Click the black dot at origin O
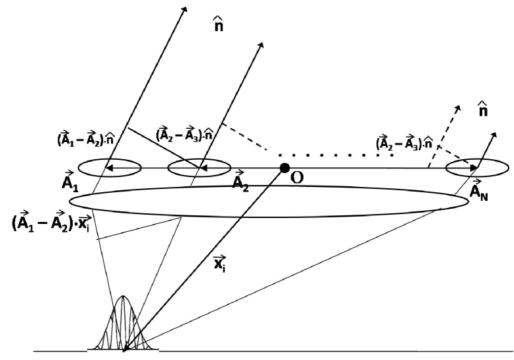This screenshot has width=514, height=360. [284, 168]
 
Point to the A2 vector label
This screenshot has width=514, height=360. [240, 181]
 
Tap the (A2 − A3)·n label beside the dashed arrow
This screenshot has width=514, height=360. [405, 143]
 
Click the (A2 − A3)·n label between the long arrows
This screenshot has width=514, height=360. [183, 135]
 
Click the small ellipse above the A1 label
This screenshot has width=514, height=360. [109, 168]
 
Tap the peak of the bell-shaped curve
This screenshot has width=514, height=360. [123, 297]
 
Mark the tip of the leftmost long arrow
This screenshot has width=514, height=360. [185, 9]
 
